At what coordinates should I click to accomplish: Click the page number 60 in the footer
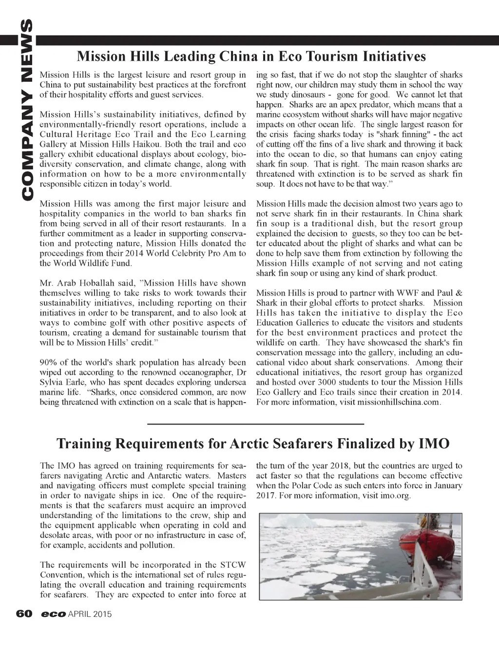click(24, 614)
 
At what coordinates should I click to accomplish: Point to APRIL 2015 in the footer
click(90, 614)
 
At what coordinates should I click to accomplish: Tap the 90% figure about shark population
click(48, 362)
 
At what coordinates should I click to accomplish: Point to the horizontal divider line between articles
click(255, 424)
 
